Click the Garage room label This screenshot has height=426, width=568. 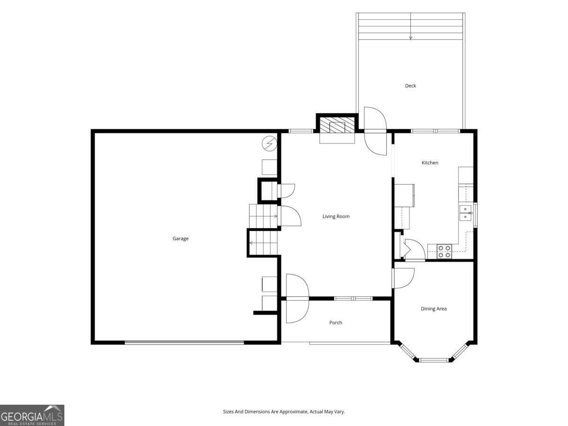click(x=180, y=239)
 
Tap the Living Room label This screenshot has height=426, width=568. click(x=336, y=216)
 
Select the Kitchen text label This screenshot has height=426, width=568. click(x=430, y=163)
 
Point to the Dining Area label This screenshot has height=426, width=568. click(x=434, y=309)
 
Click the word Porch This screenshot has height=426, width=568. click(x=336, y=322)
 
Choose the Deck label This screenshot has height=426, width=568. click(x=410, y=86)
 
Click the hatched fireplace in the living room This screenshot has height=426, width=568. click(x=337, y=125)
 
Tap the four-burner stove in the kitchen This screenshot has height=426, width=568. click(x=444, y=251)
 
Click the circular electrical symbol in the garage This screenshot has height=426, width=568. click(x=269, y=143)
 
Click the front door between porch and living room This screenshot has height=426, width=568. click(x=297, y=299)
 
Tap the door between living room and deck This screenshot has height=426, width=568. click(x=375, y=131)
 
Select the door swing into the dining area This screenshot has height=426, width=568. click(x=404, y=278)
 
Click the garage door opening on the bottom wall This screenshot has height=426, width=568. click(x=184, y=342)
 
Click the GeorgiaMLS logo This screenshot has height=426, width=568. click(x=32, y=416)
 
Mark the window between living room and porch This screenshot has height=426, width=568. click(x=353, y=299)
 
